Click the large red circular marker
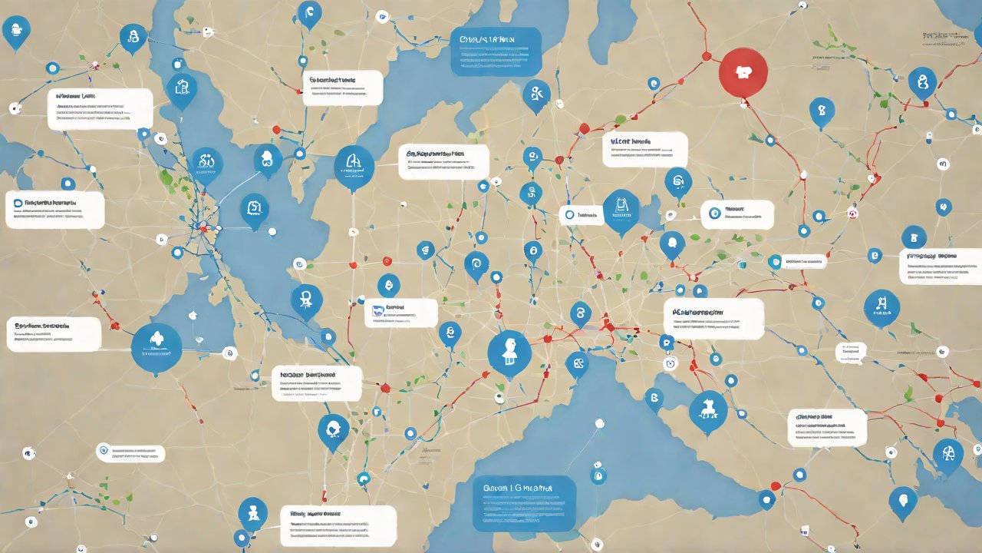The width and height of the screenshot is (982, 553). (x=743, y=72)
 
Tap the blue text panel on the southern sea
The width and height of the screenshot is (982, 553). (x=524, y=503)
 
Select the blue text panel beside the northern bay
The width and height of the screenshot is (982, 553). (x=496, y=51)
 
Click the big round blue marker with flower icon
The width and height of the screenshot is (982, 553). (x=156, y=348)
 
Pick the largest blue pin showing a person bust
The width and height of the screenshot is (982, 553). (x=509, y=354)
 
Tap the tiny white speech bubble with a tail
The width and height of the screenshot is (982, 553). (x=851, y=353)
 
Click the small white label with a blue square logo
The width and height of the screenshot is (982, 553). (x=400, y=313)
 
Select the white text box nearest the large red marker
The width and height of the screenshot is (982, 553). (x=644, y=149)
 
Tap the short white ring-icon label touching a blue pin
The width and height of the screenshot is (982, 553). (x=581, y=216)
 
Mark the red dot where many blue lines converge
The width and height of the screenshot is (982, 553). (x=203, y=227)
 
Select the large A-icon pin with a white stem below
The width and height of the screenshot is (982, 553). (x=354, y=166)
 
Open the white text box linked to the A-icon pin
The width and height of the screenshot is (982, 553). (x=443, y=162)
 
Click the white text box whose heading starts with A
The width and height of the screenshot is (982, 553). (x=713, y=319)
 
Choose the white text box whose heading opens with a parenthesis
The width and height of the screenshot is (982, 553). (x=827, y=427)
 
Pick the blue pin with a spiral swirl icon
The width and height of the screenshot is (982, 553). (x=476, y=265)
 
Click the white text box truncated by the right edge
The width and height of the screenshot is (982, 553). (x=941, y=267)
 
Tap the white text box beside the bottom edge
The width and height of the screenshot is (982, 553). (x=338, y=525)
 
